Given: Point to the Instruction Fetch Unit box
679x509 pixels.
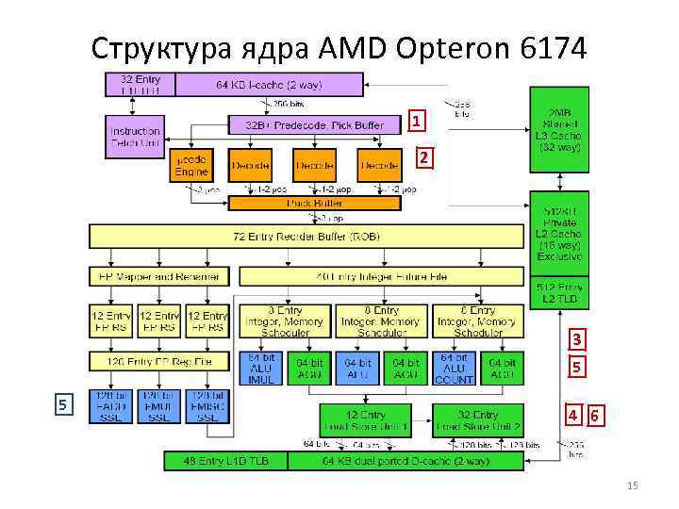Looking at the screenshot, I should (135, 137).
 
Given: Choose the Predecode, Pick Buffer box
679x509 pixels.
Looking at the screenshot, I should (315, 124).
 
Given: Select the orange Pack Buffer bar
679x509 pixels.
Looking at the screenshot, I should (315, 203).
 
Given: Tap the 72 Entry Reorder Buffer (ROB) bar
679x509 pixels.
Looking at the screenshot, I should (306, 236).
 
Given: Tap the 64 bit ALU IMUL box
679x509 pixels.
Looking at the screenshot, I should (260, 369).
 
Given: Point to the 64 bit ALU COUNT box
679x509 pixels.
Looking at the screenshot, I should (454, 369).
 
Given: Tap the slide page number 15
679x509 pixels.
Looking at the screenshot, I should (632, 485).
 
